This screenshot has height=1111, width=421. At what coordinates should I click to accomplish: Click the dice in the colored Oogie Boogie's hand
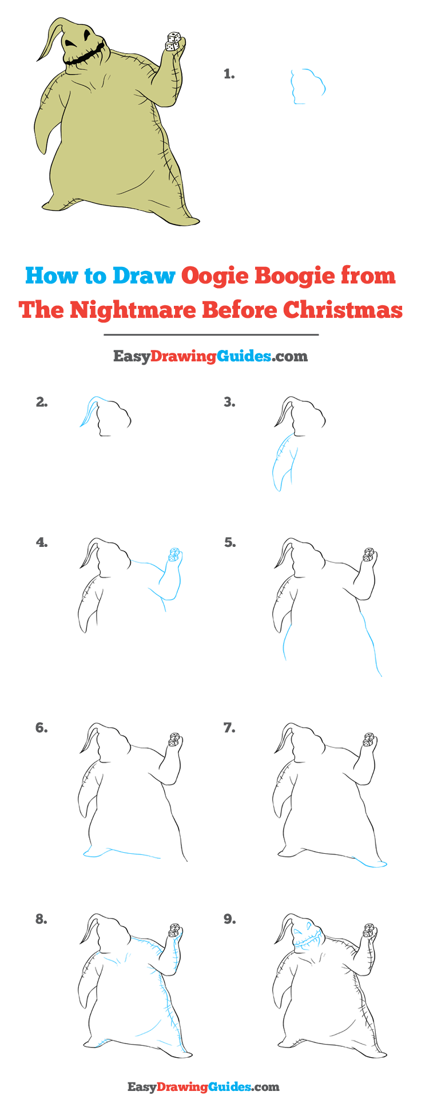(173, 41)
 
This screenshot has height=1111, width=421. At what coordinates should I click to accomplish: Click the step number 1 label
(229, 74)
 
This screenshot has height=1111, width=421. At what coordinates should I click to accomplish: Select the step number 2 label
(41, 402)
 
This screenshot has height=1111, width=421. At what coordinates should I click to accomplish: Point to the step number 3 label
(229, 403)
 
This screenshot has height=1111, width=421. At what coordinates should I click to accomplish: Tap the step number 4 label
(41, 542)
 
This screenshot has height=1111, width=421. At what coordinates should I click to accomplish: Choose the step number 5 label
(229, 542)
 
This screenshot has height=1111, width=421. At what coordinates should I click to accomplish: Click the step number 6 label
(41, 727)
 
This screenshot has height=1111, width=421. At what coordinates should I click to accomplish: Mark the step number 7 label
(229, 727)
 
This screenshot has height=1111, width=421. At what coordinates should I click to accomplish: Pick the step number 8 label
(41, 919)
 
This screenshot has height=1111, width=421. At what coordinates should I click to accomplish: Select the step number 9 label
(229, 919)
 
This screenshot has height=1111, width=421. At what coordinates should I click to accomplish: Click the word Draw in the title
(144, 275)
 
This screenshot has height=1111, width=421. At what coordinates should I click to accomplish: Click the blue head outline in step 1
(308, 86)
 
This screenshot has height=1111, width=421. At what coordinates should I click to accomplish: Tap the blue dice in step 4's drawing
(175, 553)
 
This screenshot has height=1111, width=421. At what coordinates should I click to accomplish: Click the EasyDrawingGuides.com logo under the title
(210, 356)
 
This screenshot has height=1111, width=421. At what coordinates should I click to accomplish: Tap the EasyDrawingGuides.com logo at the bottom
(203, 1086)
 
